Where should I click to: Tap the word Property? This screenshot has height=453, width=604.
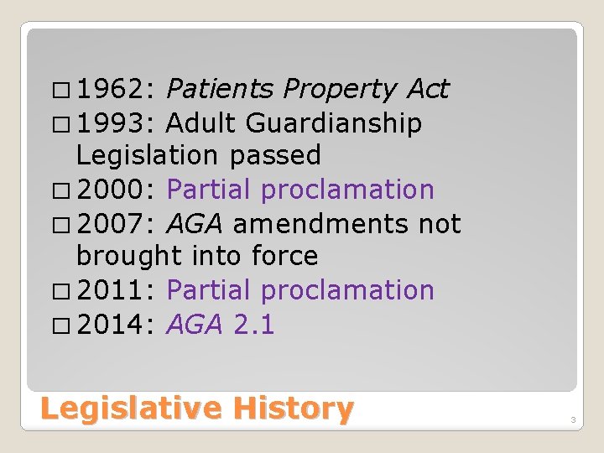click(x=340, y=90)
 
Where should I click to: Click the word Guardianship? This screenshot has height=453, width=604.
click(x=334, y=124)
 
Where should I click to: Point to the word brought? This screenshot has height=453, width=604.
click(x=127, y=257)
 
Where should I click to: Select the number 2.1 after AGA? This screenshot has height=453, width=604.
click(x=253, y=325)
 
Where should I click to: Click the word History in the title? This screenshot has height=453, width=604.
click(x=294, y=409)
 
